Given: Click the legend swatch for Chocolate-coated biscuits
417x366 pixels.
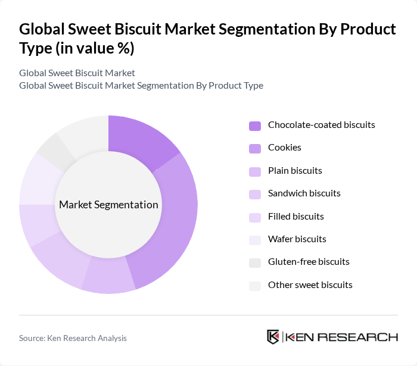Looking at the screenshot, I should pos(255,126).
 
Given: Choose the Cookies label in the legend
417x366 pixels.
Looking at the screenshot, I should pos(285,148).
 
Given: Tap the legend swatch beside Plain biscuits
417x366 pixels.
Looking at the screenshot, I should pos(255,171).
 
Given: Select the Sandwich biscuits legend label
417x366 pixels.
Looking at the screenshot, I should pos(304,193).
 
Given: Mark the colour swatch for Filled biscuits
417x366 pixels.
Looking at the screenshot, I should pos(255,217).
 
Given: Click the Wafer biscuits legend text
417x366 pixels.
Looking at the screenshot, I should pos(297,239).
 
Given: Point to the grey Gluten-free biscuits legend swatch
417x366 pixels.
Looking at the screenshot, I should pos(255,262).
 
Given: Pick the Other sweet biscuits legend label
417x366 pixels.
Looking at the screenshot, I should pos(310,285).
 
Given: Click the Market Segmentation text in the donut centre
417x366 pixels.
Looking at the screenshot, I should pos(108,205).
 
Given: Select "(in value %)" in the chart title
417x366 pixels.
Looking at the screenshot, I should pos(95,47).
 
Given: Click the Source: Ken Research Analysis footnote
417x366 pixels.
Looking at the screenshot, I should pos(73,338).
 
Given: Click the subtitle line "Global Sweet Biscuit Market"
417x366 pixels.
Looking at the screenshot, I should pos(77,73).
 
